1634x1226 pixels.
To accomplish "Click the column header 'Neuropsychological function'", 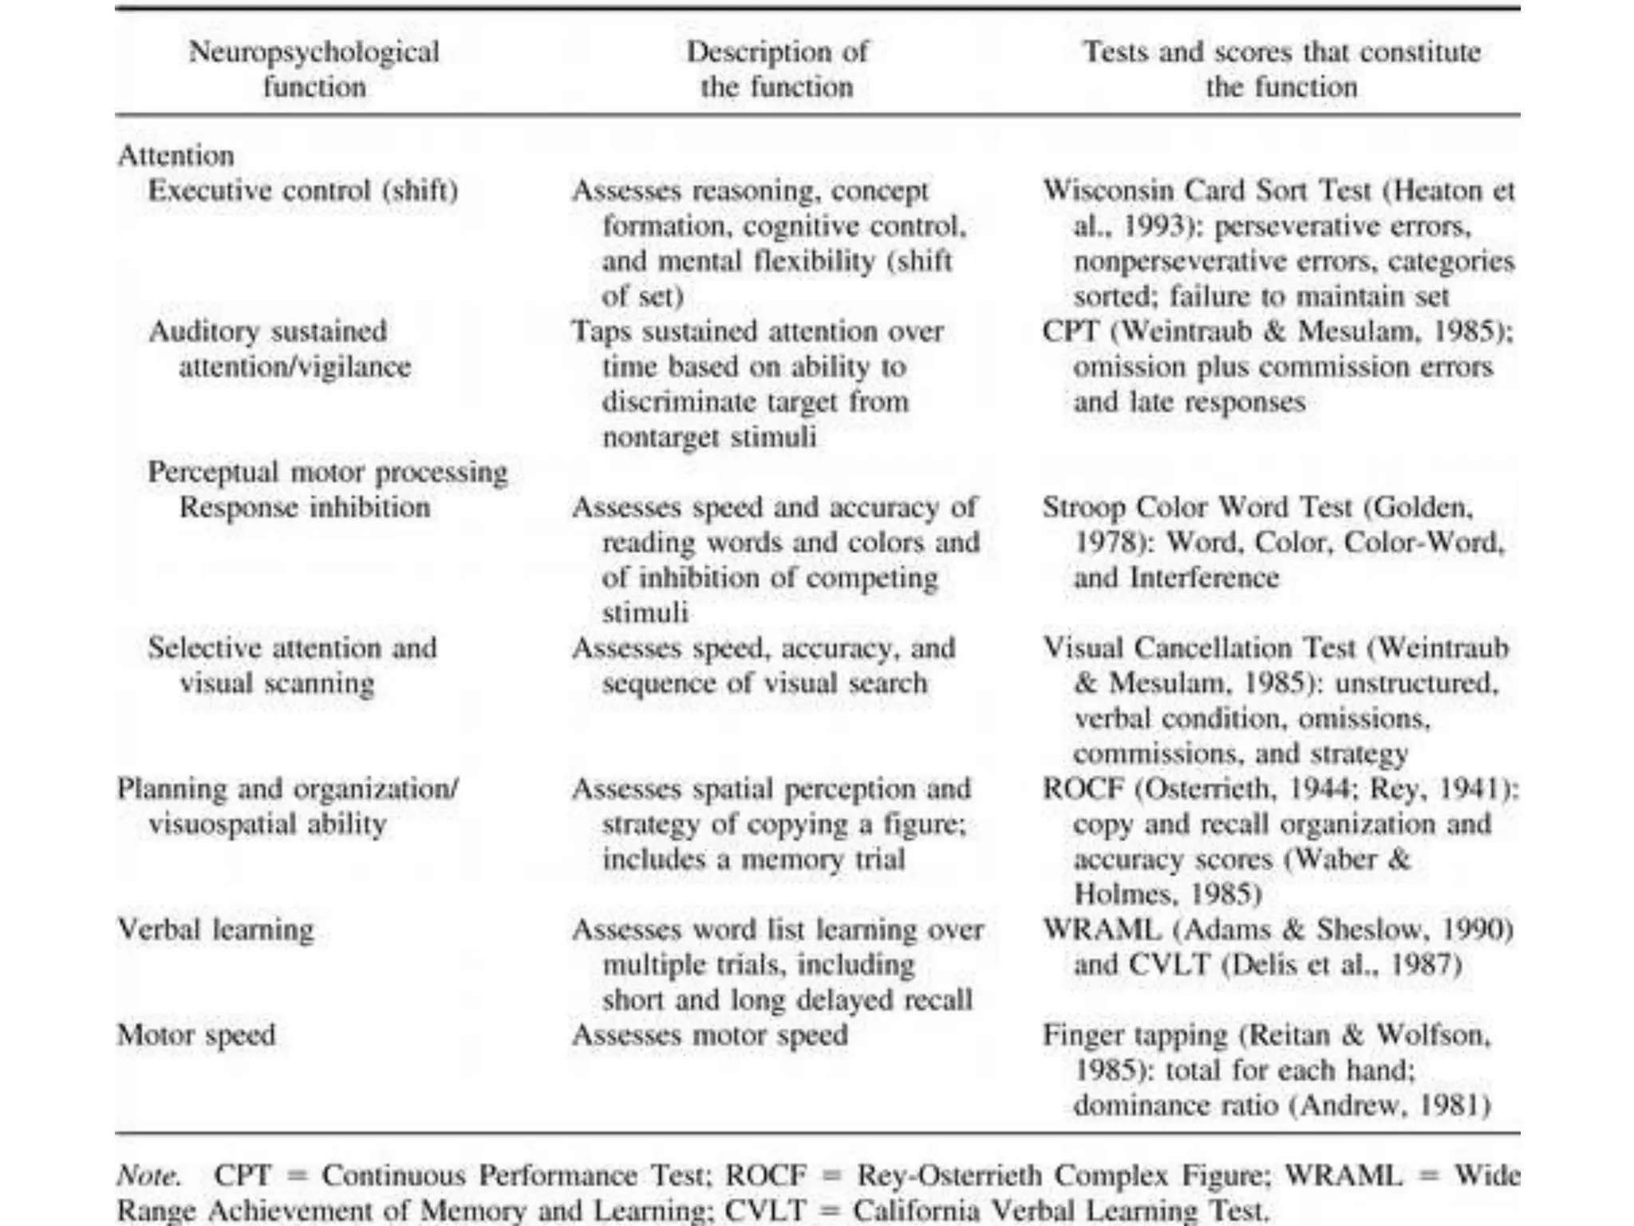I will click(314, 69).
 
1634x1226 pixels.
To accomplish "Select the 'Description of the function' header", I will click(776, 69).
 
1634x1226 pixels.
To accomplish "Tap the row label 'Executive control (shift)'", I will click(303, 191).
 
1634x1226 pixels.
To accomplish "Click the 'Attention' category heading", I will click(176, 155).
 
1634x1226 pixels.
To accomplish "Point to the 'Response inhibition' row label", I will click(305, 508).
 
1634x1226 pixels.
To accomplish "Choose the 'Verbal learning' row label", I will click(215, 930).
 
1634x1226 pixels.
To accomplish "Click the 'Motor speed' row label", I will click(196, 1035).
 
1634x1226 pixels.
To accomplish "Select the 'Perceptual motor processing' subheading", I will click(328, 472).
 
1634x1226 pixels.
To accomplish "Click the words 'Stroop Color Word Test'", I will click(1197, 508).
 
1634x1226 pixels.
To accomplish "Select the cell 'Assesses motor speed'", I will click(709, 1035).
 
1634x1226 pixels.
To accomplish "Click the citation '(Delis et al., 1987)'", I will click(1341, 965).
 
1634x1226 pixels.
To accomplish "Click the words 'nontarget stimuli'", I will click(709, 437).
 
